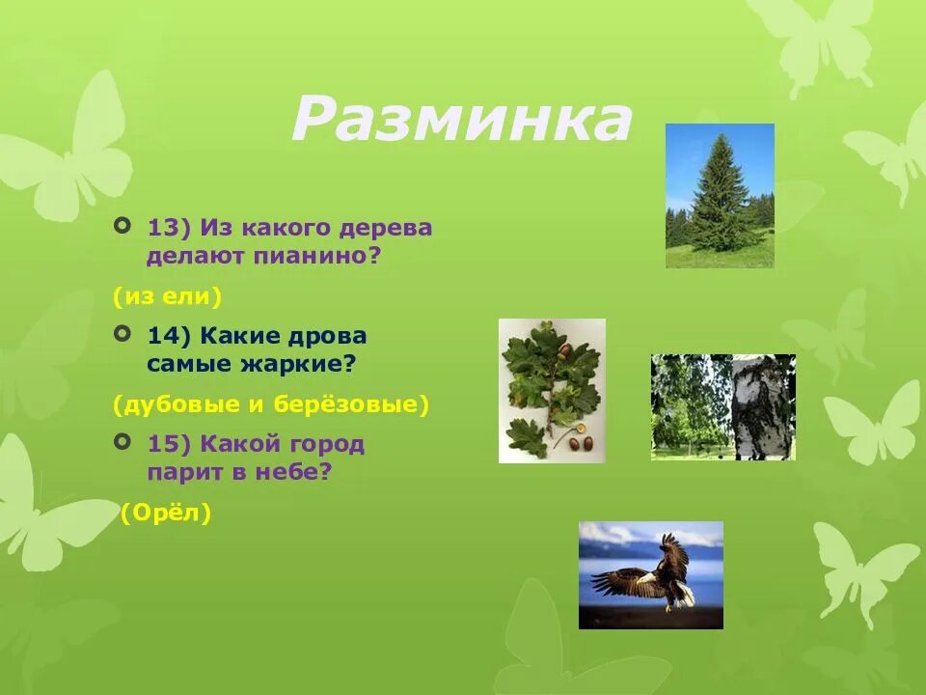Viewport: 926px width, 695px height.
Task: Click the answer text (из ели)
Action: [167, 296]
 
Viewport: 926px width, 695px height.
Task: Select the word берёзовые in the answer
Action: [351, 404]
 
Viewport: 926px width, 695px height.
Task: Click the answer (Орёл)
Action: [166, 514]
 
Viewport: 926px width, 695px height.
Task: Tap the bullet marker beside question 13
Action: [122, 226]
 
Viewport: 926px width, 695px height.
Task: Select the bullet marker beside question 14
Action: [122, 334]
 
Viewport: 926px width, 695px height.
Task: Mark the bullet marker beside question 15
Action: [122, 442]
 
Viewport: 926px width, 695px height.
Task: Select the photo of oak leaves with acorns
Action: [552, 390]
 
